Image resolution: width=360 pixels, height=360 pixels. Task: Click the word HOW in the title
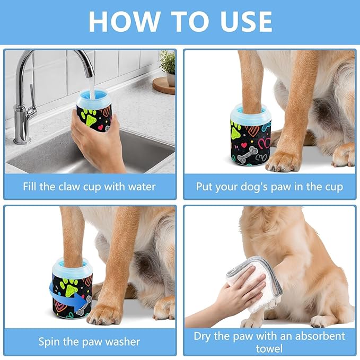(125, 21)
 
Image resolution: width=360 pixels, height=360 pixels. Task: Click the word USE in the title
(246, 21)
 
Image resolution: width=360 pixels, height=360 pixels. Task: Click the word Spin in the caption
(49, 342)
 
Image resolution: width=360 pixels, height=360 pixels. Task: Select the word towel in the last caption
(269, 349)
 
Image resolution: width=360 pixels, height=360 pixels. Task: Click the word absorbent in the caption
(320, 336)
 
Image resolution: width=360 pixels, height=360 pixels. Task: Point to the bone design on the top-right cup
(247, 155)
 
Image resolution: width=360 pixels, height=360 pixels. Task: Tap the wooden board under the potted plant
(164, 86)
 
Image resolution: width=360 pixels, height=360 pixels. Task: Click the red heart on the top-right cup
(244, 145)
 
